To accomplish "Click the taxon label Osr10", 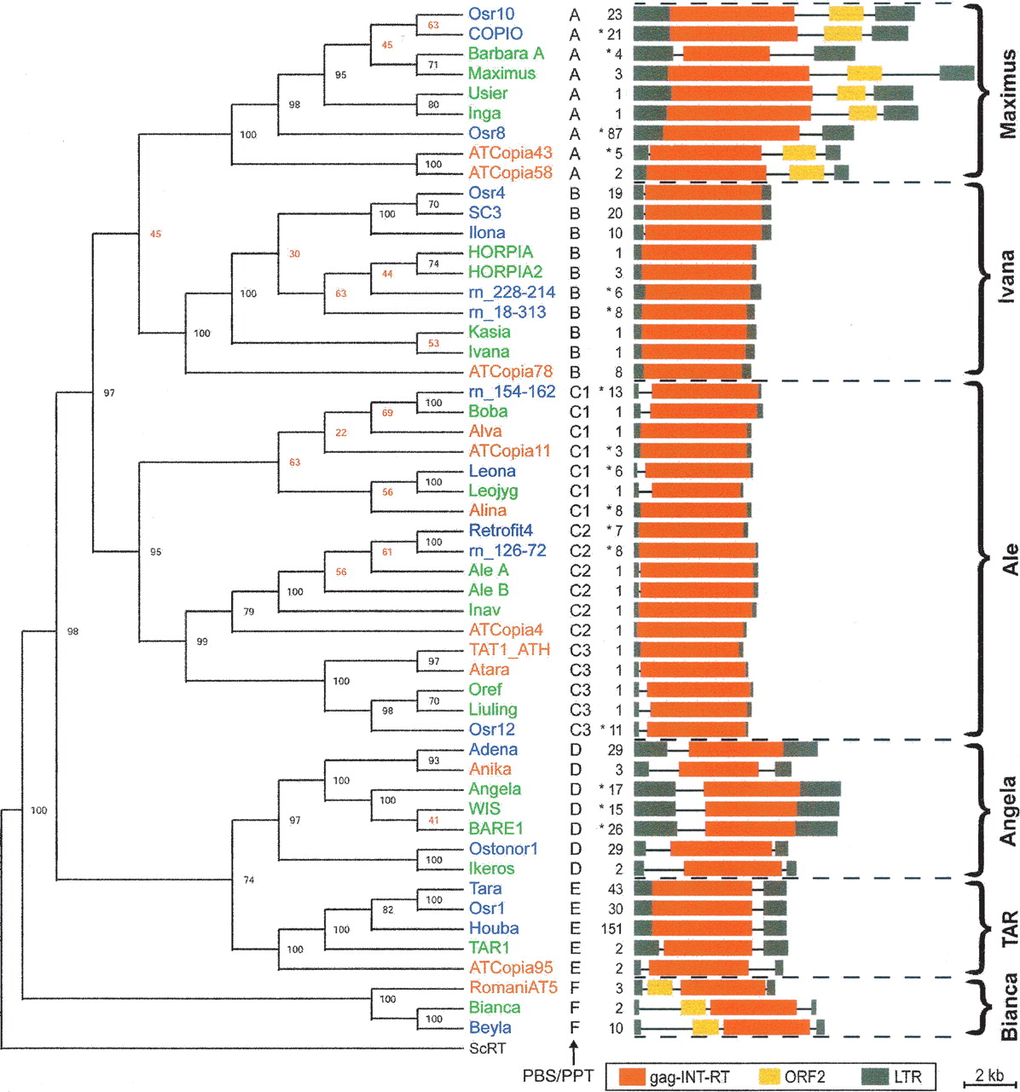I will [x=491, y=14].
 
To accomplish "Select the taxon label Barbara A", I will [x=506, y=54].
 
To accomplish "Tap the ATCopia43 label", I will [x=510, y=153].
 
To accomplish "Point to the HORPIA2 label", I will [x=505, y=272].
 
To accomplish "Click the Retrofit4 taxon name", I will [x=501, y=531].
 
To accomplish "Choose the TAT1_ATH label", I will [x=509, y=650].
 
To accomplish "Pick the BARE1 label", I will [x=496, y=828].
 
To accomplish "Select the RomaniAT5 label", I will [x=513, y=988].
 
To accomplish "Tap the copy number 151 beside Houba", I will [x=611, y=928].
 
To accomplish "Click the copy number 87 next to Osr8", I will [x=614, y=133].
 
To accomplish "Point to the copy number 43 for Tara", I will [x=614, y=889].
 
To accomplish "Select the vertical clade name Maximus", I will [x=1007, y=94].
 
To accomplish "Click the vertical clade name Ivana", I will [x=1007, y=276].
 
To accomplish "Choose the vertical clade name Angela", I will [x=1007, y=810].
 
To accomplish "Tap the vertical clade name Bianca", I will [x=1007, y=1007].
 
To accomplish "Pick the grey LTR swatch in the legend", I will [x=875, y=1076].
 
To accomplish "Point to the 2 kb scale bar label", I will [x=989, y=1074].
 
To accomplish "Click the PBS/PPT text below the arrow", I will [x=558, y=1077].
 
